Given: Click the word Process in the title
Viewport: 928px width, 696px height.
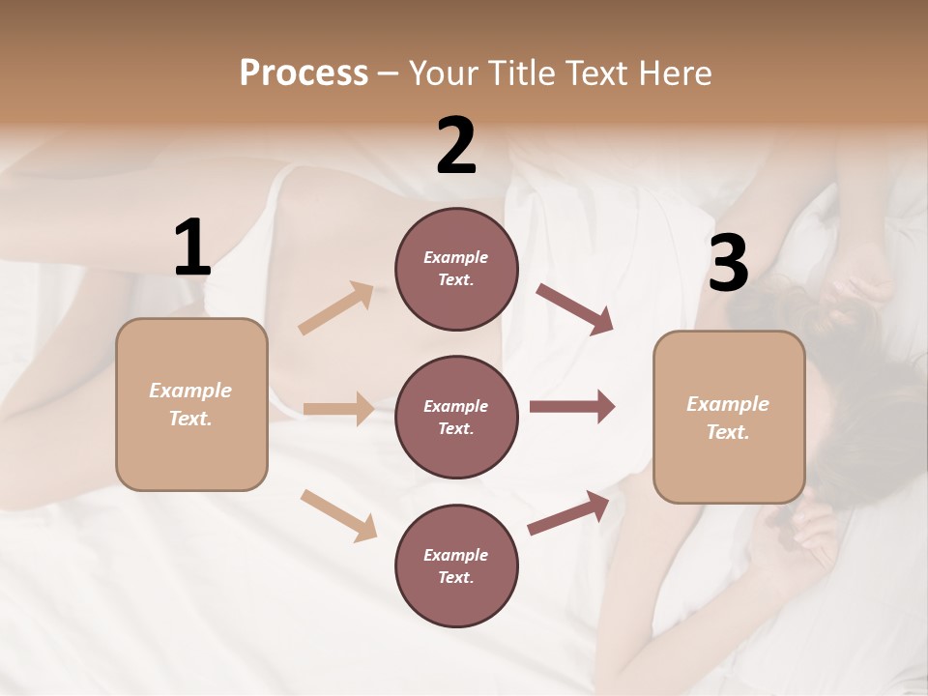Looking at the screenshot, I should (x=304, y=72).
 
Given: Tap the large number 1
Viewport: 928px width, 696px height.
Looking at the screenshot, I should (x=192, y=248).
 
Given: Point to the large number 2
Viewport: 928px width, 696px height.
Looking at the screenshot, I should (x=456, y=146).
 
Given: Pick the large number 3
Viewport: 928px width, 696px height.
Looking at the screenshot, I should (x=728, y=264).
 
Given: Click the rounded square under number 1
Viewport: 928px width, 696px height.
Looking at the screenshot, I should (x=191, y=404).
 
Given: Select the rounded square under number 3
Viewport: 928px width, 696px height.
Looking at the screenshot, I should (x=729, y=418).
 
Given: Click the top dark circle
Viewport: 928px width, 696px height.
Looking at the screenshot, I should (x=456, y=269).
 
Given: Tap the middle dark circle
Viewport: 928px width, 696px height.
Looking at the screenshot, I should (x=456, y=417).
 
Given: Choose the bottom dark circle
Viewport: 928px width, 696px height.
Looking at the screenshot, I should (x=456, y=565).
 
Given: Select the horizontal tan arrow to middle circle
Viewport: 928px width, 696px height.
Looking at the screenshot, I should (x=338, y=409).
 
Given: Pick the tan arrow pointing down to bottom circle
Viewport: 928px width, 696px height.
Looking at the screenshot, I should (x=338, y=515).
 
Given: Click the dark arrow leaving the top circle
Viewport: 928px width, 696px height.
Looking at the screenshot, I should (x=574, y=309).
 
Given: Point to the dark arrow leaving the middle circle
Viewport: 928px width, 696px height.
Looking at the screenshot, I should (x=571, y=407).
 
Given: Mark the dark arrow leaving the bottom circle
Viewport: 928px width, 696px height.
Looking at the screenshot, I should (x=568, y=513).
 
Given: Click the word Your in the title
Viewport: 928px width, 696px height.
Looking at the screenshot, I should (x=442, y=72).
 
